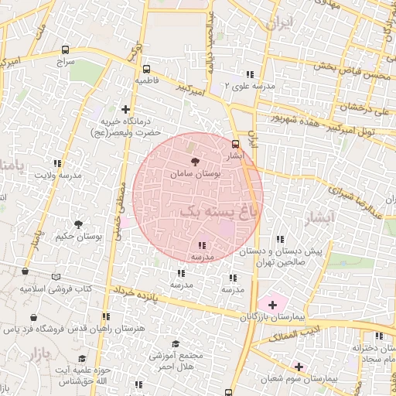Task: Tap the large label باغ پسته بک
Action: tap(220, 210)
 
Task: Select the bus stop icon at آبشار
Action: tap(236, 143)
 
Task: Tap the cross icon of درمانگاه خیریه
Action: tap(126, 109)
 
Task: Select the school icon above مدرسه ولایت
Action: tap(57, 162)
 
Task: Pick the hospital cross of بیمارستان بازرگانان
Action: tap(271, 305)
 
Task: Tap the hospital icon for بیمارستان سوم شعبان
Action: tap(298, 366)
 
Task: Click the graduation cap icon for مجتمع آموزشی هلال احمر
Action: tap(176, 343)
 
